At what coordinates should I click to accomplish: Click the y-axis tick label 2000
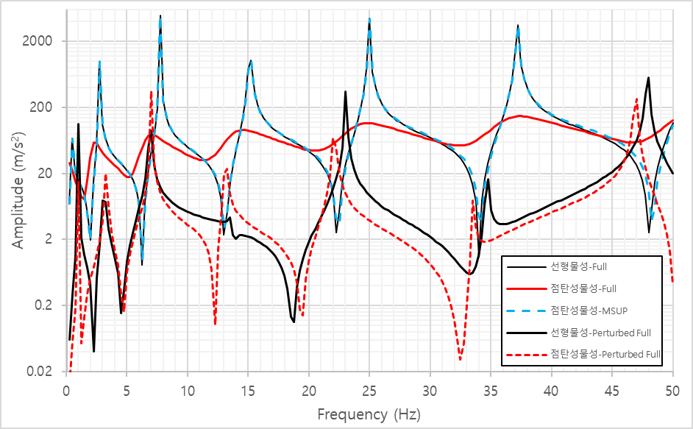pos(36,41)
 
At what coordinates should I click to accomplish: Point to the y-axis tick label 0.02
pos(38,371)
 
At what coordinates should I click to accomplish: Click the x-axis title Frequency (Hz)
pos(369,414)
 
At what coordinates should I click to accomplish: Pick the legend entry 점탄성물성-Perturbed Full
pos(605,354)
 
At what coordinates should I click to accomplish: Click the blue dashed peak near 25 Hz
pos(369,19)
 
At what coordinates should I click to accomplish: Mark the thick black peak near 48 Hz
pos(648,78)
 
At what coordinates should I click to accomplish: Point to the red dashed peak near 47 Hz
pos(636,99)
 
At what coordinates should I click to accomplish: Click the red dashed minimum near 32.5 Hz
pos(461,360)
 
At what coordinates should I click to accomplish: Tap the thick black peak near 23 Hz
pos(346,91)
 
